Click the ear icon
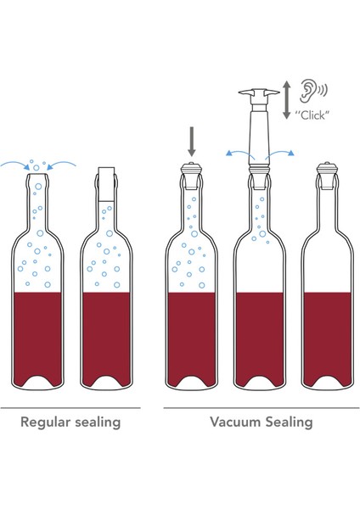click(x=308, y=89)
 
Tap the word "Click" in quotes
click(x=312, y=115)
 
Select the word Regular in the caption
click(x=46, y=422)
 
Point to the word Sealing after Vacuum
click(x=290, y=422)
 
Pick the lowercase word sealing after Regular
click(x=98, y=422)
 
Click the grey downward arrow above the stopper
click(x=192, y=142)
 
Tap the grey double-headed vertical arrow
click(x=286, y=100)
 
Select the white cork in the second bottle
click(x=107, y=184)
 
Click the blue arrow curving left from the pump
click(x=239, y=154)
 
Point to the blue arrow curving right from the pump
click(x=279, y=154)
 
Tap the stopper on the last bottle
click(x=326, y=176)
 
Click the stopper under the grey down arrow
click(x=192, y=176)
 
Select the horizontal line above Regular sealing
click(x=70, y=408)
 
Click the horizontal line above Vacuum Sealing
click(x=262, y=408)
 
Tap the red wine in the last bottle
click(x=327, y=334)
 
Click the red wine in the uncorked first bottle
click(x=37, y=334)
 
